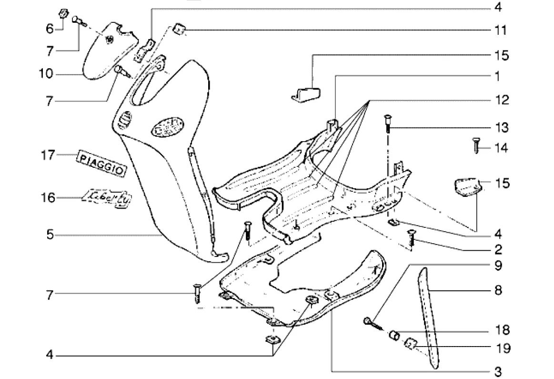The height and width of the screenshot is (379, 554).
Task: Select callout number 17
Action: [48, 155]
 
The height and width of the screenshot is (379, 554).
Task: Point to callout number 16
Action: [48, 197]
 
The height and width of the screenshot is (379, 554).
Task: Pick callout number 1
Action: [496, 76]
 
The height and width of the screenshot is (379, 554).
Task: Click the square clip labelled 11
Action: [179, 30]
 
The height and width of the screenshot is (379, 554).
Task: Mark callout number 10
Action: [47, 75]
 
